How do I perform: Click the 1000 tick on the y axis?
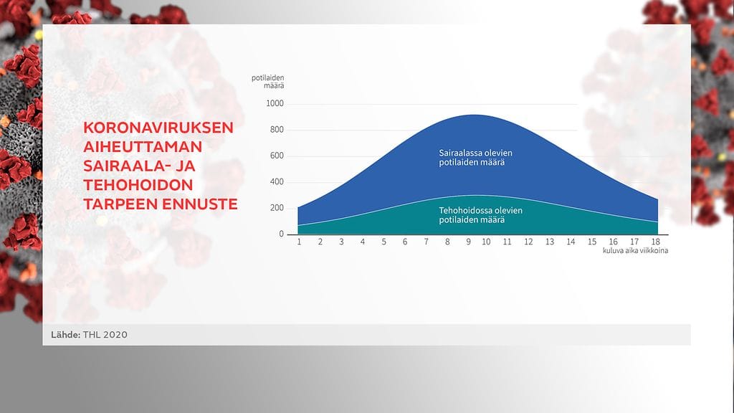click(x=275, y=104)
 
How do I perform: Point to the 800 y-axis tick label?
click(x=277, y=130)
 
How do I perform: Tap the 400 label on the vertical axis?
click(x=277, y=182)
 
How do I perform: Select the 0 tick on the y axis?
click(x=281, y=234)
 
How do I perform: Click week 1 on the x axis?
click(x=299, y=242)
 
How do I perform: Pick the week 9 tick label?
click(x=468, y=242)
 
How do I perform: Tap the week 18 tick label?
click(x=657, y=242)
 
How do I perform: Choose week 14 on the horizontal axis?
click(x=571, y=242)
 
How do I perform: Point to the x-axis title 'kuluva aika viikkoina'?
click(x=630, y=251)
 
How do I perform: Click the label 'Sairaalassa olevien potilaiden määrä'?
click(x=475, y=158)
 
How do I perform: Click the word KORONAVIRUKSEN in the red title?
click(x=158, y=128)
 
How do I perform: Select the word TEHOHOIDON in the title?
click(x=136, y=186)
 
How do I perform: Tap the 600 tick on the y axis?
click(x=277, y=156)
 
